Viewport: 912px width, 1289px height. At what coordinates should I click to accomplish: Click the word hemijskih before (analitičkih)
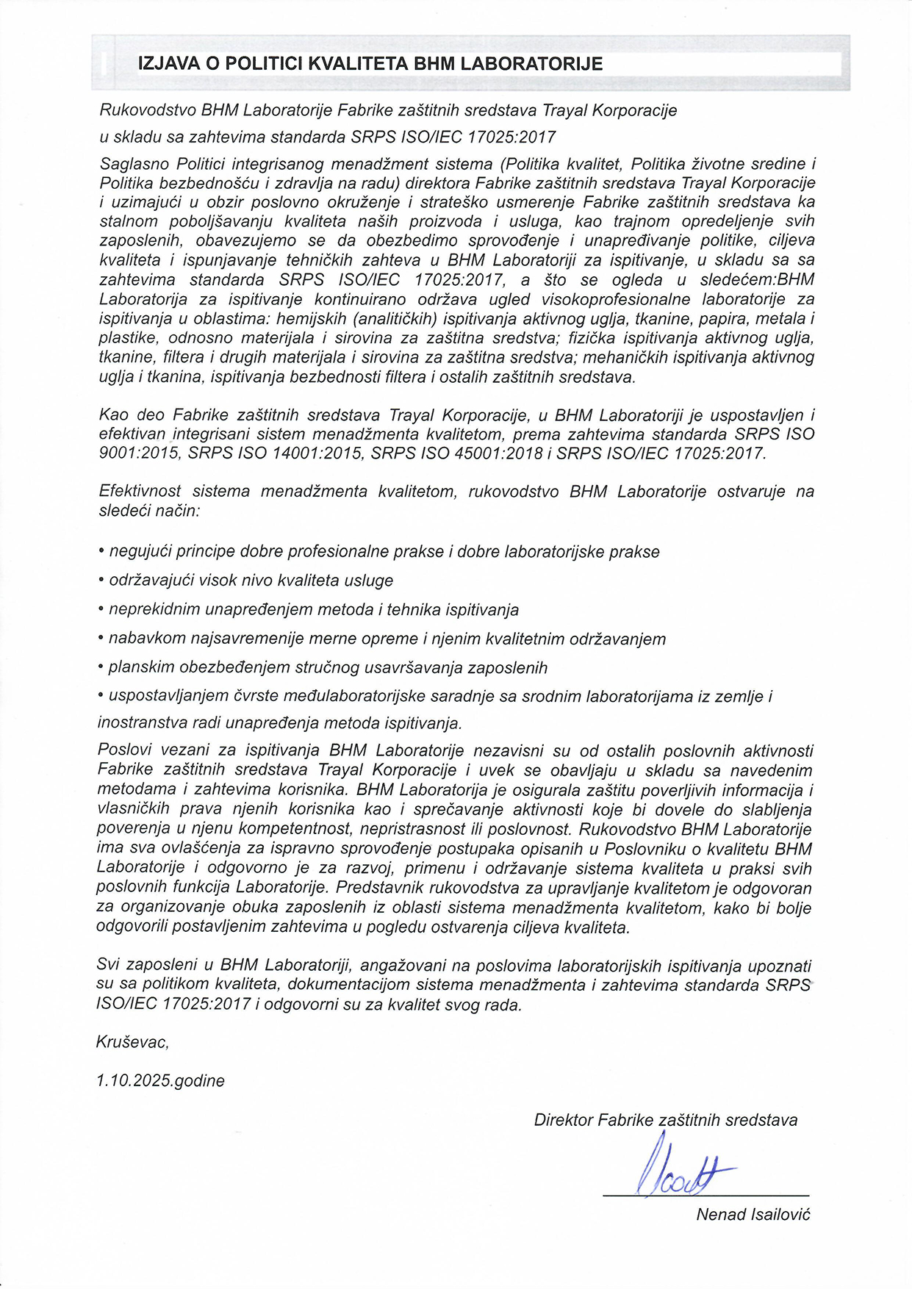coord(314,319)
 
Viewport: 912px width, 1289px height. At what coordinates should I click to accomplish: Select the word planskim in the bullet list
coord(140,667)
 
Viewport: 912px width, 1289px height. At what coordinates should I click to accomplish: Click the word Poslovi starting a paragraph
coord(123,750)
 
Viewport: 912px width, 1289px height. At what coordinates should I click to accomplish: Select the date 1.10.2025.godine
coord(160,1080)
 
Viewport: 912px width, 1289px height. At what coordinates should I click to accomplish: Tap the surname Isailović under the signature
coord(780,1214)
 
